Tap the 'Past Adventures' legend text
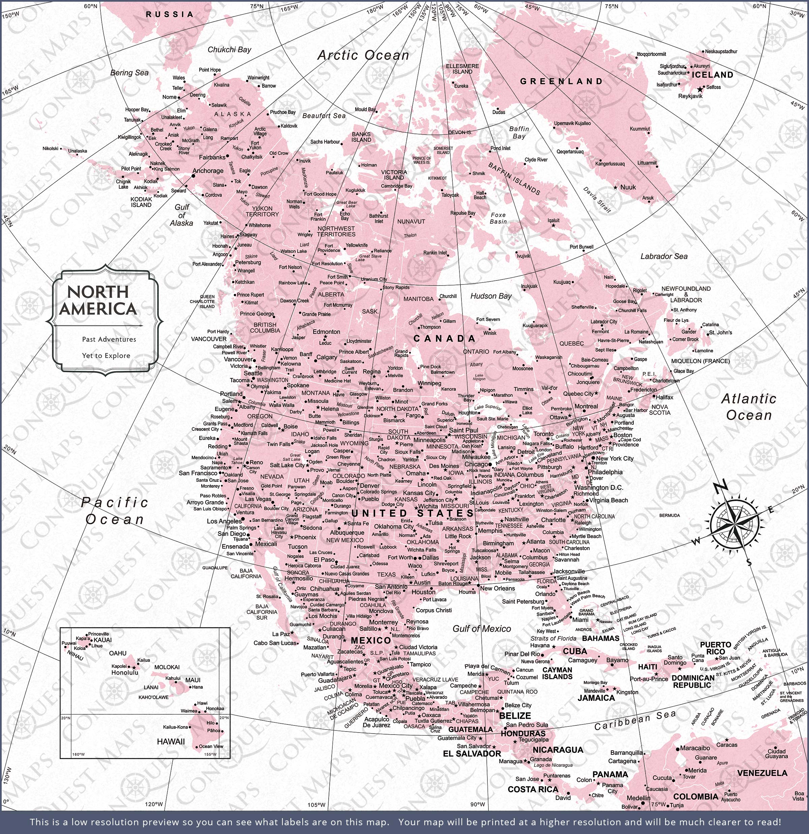point(109,339)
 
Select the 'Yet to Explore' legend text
point(106,356)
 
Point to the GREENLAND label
point(561,81)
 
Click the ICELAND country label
point(712,75)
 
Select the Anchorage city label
point(208,171)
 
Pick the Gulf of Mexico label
point(481,628)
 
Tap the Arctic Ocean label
point(363,55)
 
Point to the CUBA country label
point(575,651)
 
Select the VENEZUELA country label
point(762,773)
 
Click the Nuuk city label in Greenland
point(628,187)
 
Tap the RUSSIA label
point(170,14)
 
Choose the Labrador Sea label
point(664,256)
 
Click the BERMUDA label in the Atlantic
point(669,515)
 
